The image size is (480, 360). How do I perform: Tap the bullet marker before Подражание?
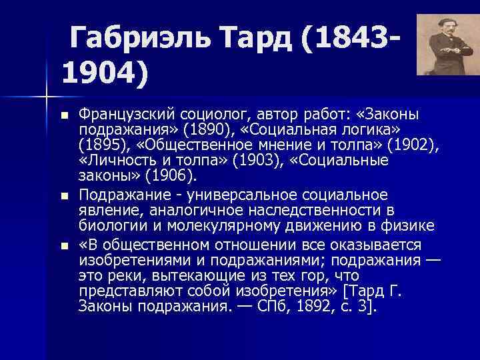[63, 196]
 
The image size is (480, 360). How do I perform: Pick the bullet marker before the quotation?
[63, 245]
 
